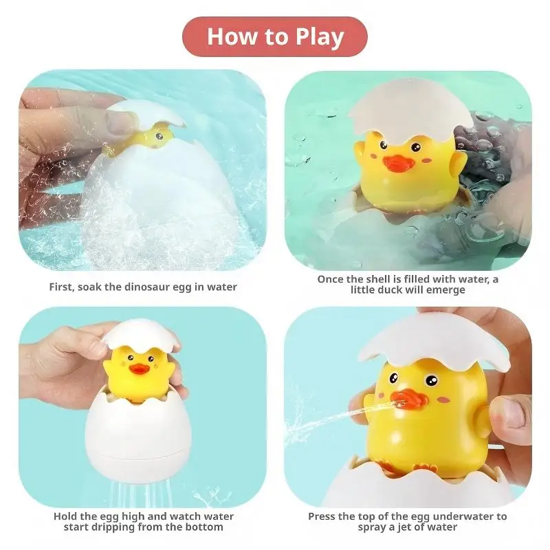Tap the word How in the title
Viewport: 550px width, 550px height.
tap(232, 36)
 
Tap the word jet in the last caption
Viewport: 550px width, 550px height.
tap(404, 527)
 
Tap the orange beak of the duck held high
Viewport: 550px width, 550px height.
tap(139, 368)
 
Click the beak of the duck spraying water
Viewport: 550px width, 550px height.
tap(409, 399)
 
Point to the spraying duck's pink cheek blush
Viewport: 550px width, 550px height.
tap(444, 399)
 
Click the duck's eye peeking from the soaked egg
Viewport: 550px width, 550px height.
tap(159, 135)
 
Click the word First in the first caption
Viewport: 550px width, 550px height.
tap(62, 287)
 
